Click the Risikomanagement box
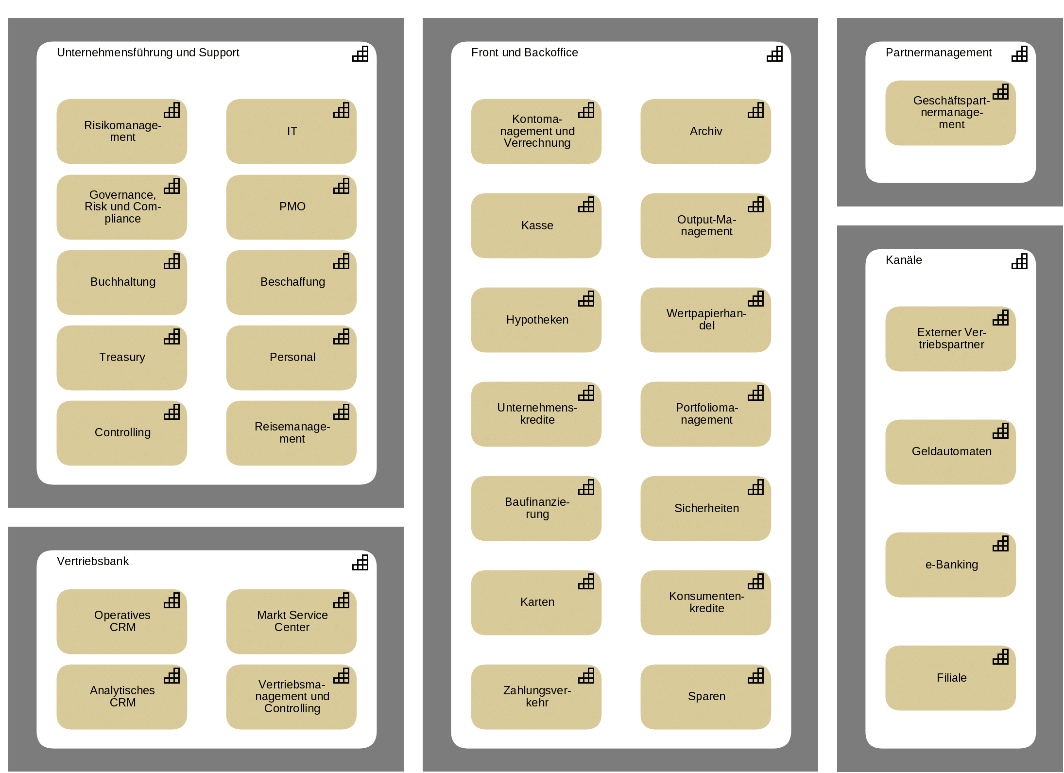click(122, 131)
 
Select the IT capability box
click(292, 131)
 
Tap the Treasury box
click(122, 358)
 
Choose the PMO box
click(292, 207)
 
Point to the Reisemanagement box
click(292, 433)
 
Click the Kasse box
click(536, 225)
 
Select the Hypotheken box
click(536, 320)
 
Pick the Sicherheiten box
click(706, 508)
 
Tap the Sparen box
click(706, 697)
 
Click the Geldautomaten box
click(951, 452)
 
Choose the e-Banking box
click(951, 565)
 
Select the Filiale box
click(951, 678)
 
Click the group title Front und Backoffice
click(525, 52)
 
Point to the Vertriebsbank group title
click(93, 561)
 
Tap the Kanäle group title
click(904, 260)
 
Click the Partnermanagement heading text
click(939, 52)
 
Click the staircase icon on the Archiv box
click(755, 110)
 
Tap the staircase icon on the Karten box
click(586, 582)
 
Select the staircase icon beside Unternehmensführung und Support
click(360, 54)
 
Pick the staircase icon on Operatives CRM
click(172, 601)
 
